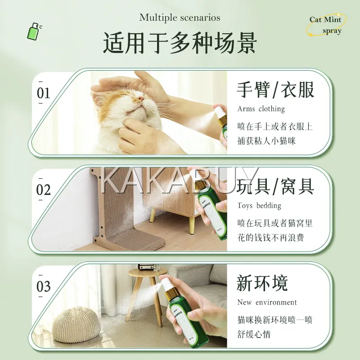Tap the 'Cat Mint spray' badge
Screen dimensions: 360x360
(325, 25)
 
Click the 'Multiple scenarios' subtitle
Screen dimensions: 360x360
(180, 18)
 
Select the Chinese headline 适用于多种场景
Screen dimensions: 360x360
(180, 43)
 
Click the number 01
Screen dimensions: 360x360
(43, 93)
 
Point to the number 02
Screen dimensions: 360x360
(43, 189)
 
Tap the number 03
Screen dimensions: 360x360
(43, 286)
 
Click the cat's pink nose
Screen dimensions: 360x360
(141, 99)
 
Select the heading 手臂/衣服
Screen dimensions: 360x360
(275, 90)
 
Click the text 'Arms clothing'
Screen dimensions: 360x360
(261, 108)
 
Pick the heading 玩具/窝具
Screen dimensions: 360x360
(275, 187)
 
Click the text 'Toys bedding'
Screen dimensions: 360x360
(259, 205)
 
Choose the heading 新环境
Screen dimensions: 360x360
(262, 283)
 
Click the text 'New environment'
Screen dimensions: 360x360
(267, 302)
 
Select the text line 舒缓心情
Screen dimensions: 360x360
(254, 334)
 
